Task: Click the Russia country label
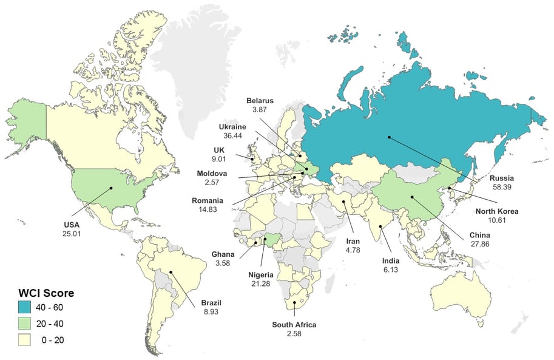[x=502, y=178]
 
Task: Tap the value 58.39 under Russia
[x=502, y=188]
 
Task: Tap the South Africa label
[x=294, y=325]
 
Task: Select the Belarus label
[x=260, y=100]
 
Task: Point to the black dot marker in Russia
[x=389, y=137]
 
